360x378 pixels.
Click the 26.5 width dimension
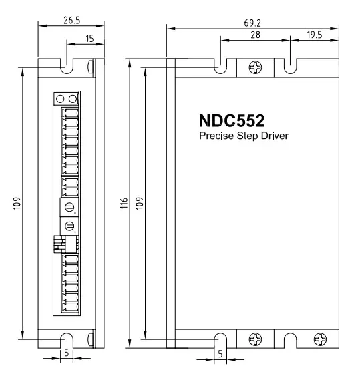(x=72, y=21)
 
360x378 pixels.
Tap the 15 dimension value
(x=89, y=39)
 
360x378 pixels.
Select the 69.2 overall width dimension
(x=252, y=23)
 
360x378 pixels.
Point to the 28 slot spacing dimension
(x=255, y=35)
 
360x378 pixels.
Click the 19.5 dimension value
(x=315, y=35)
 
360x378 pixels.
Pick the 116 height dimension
(x=124, y=203)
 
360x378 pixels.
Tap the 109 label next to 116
(x=140, y=203)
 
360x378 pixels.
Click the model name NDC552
(x=232, y=120)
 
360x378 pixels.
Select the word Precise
(x=216, y=136)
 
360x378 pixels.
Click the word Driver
(x=275, y=136)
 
